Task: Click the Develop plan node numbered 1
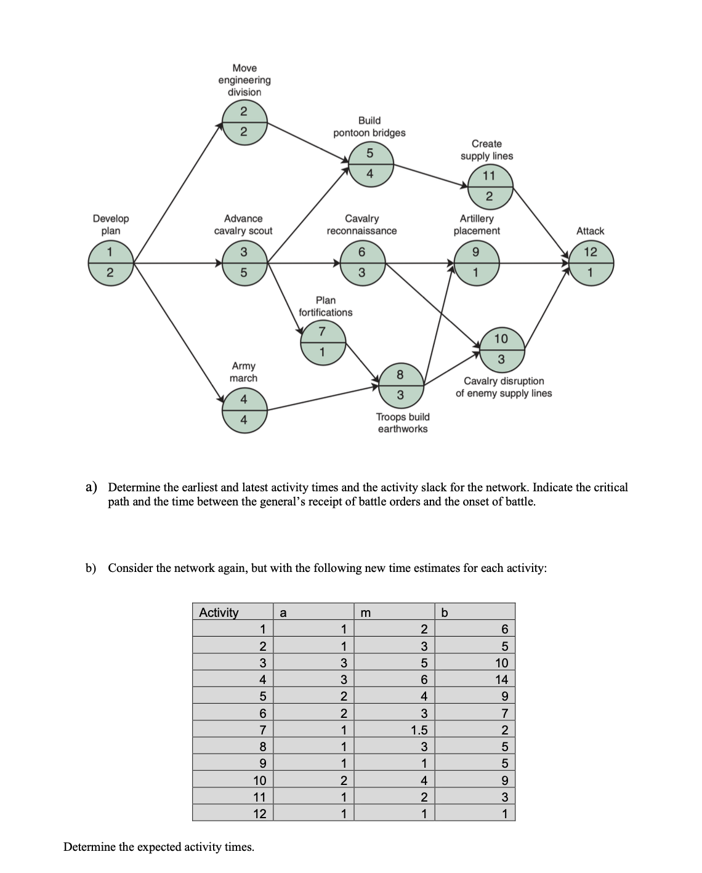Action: tap(110, 263)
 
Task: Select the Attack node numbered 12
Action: tap(590, 263)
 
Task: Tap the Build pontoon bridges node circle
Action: tap(369, 163)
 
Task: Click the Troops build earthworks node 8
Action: tap(400, 384)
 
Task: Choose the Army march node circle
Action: tap(244, 409)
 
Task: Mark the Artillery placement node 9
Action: tap(475, 263)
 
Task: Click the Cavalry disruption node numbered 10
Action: tap(501, 348)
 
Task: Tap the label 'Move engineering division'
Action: tap(244, 80)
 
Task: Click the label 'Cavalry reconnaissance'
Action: tap(362, 225)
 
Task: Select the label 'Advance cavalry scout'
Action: tap(243, 225)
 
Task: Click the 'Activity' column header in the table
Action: tap(219, 612)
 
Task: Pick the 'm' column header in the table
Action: tap(365, 612)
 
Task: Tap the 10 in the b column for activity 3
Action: tap(502, 663)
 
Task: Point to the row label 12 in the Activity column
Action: tap(260, 814)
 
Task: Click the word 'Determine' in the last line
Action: tap(89, 847)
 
